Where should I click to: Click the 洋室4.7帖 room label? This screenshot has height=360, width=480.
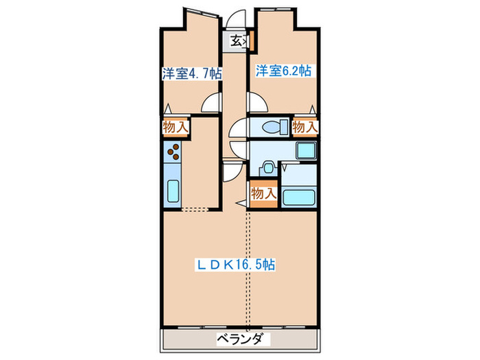[192, 73]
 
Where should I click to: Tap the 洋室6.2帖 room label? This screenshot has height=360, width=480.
[284, 70]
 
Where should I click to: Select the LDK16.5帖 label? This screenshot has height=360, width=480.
[237, 263]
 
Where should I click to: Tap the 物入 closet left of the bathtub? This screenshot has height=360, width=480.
[263, 194]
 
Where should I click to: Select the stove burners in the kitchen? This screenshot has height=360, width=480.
[173, 151]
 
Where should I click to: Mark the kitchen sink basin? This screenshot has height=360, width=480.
[173, 189]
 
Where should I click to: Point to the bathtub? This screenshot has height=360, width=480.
[300, 197]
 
